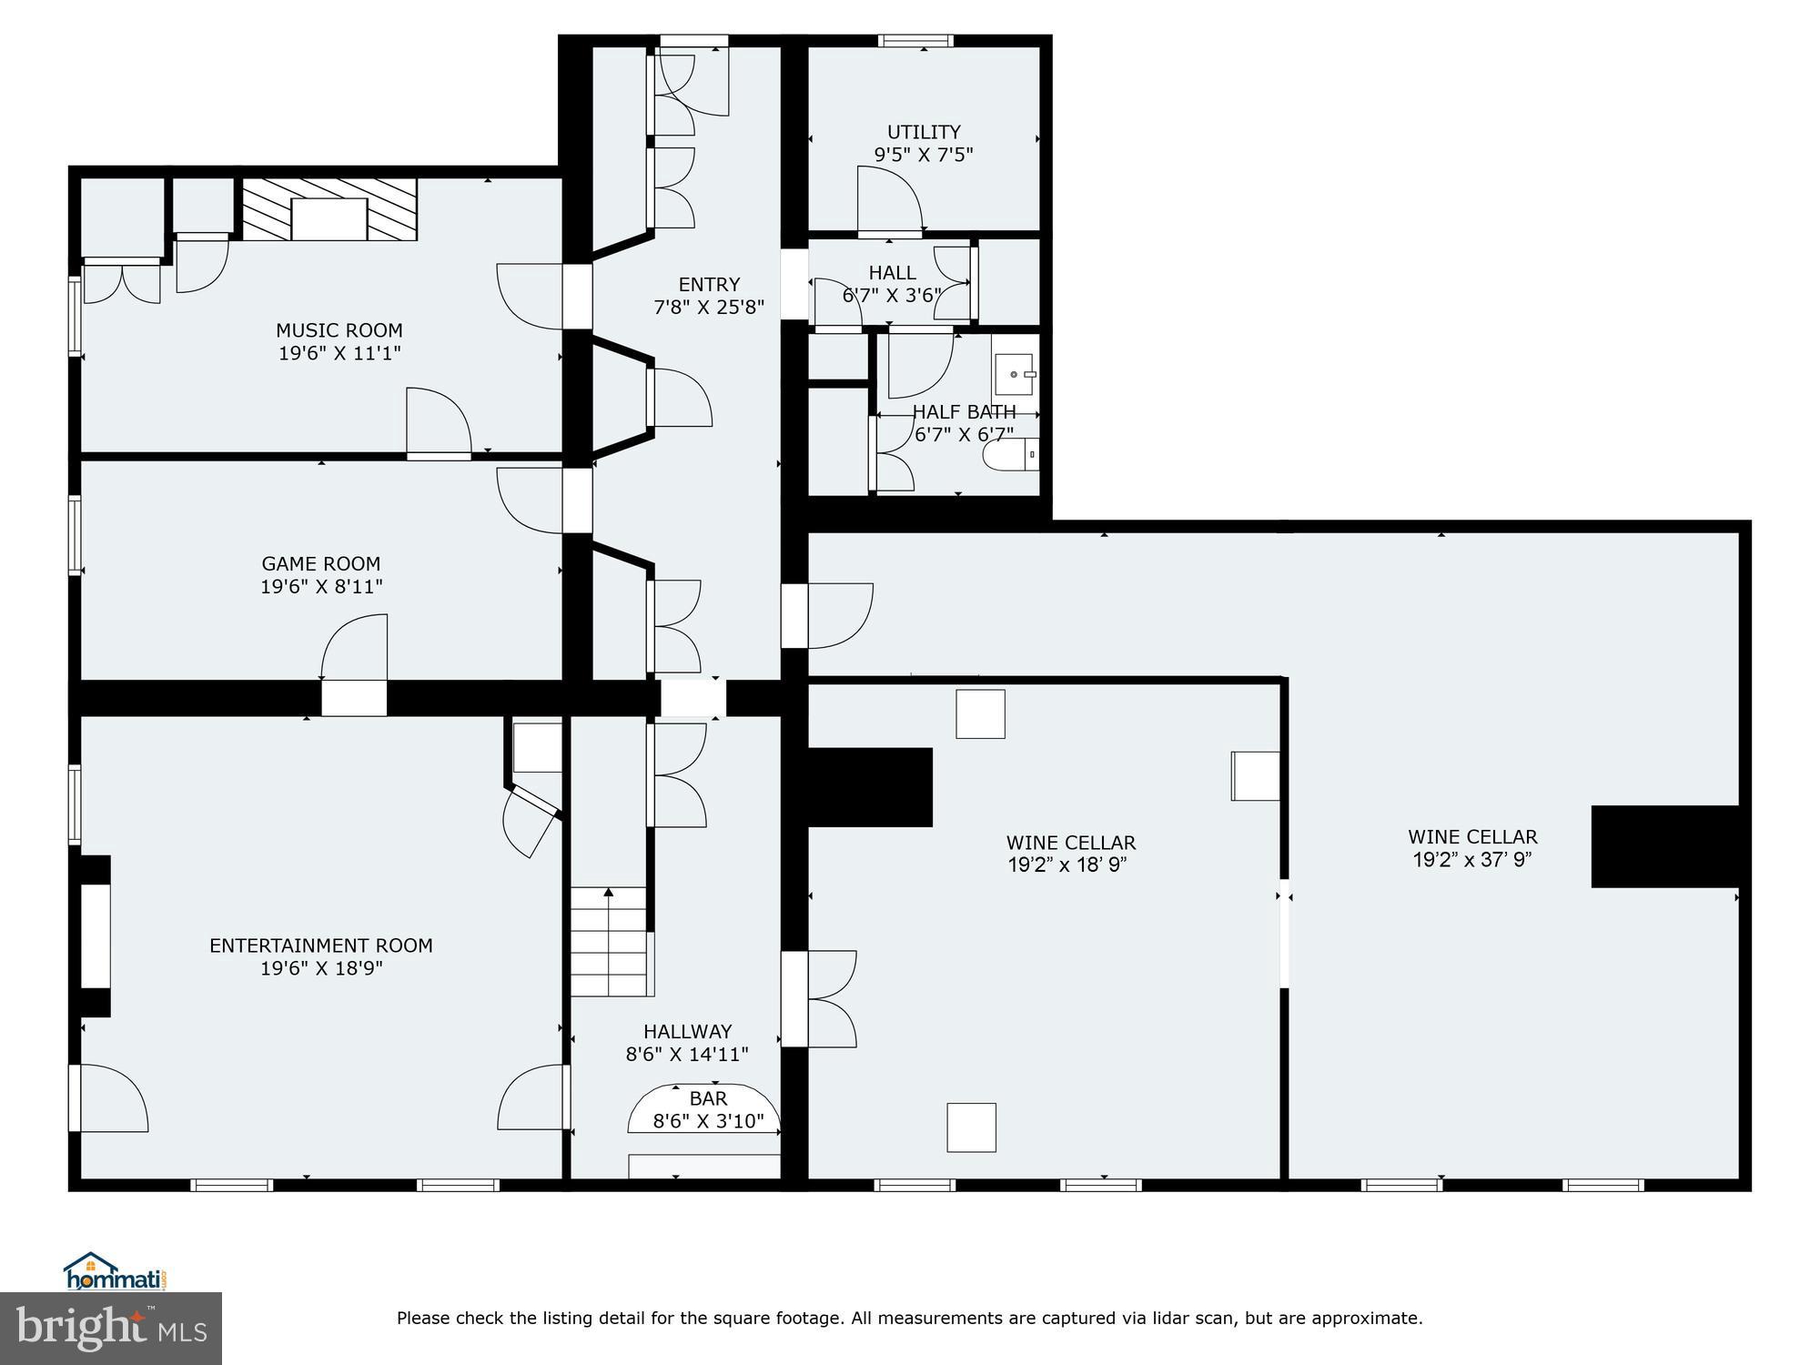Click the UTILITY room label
[924, 132]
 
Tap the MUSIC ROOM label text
[339, 330]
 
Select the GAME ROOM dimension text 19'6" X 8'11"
[321, 587]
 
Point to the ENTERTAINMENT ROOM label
[320, 945]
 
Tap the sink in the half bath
[1014, 374]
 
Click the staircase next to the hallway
[608, 942]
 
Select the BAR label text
[708, 1098]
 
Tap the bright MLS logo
[111, 1328]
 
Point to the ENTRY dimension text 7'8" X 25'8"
[708, 308]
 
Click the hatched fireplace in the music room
[329, 209]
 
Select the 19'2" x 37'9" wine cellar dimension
[1471, 860]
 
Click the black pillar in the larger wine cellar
[1664, 845]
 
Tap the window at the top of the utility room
[915, 40]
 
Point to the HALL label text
[892, 272]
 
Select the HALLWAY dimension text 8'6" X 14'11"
[687, 1055]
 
